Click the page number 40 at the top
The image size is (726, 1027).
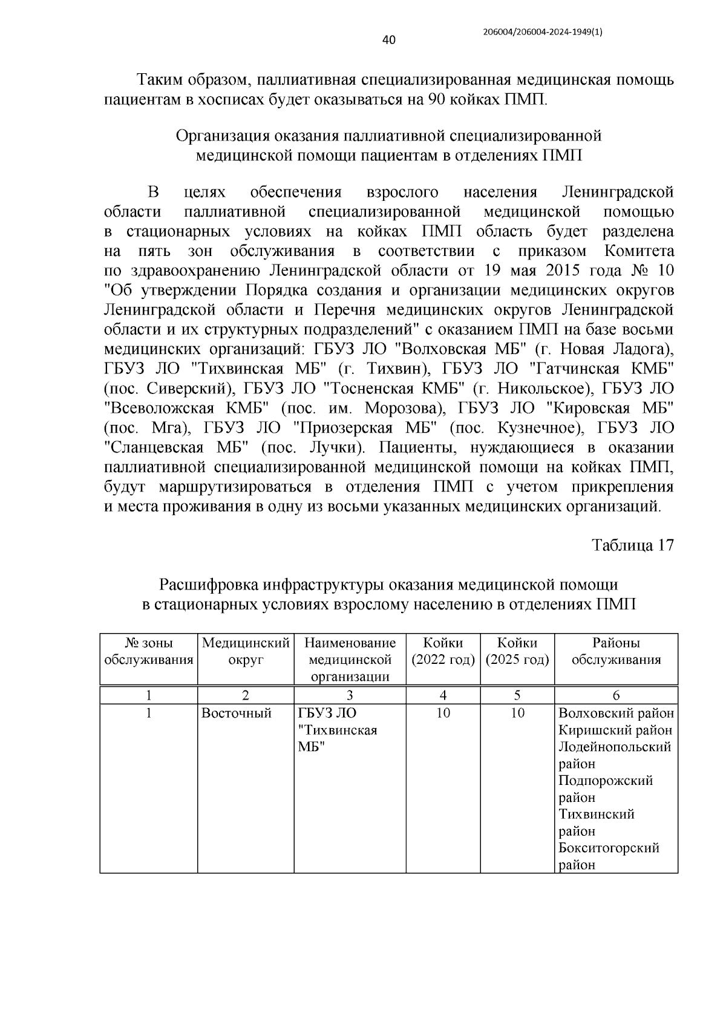[389, 41]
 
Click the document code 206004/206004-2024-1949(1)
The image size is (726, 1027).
[543, 34]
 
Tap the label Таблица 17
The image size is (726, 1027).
[632, 545]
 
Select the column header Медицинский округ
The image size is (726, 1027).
[246, 651]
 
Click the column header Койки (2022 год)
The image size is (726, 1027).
[443, 651]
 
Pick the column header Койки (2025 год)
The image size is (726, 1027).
[517, 651]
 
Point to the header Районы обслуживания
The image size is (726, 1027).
[616, 651]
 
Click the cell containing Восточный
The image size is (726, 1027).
[236, 714]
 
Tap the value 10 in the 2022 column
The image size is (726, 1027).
[443, 714]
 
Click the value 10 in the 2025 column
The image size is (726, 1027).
[517, 714]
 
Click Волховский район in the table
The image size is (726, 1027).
[616, 714]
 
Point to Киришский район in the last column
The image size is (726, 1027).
[615, 730]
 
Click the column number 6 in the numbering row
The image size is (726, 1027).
[616, 695]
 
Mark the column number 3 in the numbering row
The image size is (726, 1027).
[350, 695]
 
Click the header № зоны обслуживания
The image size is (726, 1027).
[149, 651]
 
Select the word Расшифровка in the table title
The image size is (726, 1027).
[209, 585]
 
